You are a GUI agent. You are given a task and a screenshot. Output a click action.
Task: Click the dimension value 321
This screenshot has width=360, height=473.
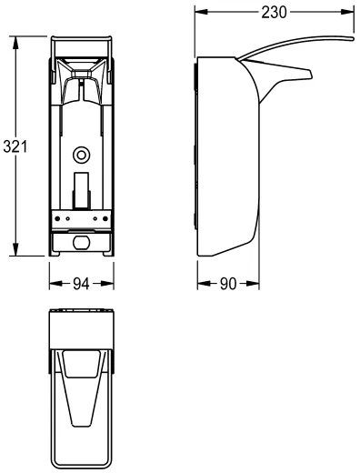click(x=15, y=146)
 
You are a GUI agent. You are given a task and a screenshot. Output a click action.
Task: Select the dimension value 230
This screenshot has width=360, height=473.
click(x=274, y=13)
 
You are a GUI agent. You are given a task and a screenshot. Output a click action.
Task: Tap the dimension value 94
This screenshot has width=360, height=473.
click(x=82, y=284)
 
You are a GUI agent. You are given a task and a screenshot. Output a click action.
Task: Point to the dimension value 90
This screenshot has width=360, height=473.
click(x=228, y=284)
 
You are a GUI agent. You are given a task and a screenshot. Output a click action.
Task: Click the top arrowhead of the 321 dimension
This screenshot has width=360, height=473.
click(x=15, y=43)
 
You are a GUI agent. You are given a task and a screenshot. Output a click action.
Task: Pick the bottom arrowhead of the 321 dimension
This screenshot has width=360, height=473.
click(x=15, y=249)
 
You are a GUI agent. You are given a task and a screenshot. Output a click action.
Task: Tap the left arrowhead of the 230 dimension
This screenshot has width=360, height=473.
click(x=202, y=12)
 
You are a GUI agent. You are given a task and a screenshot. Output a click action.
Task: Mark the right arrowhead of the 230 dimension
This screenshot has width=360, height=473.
click(x=347, y=12)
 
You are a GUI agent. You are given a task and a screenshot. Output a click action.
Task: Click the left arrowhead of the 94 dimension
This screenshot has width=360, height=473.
click(x=56, y=284)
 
